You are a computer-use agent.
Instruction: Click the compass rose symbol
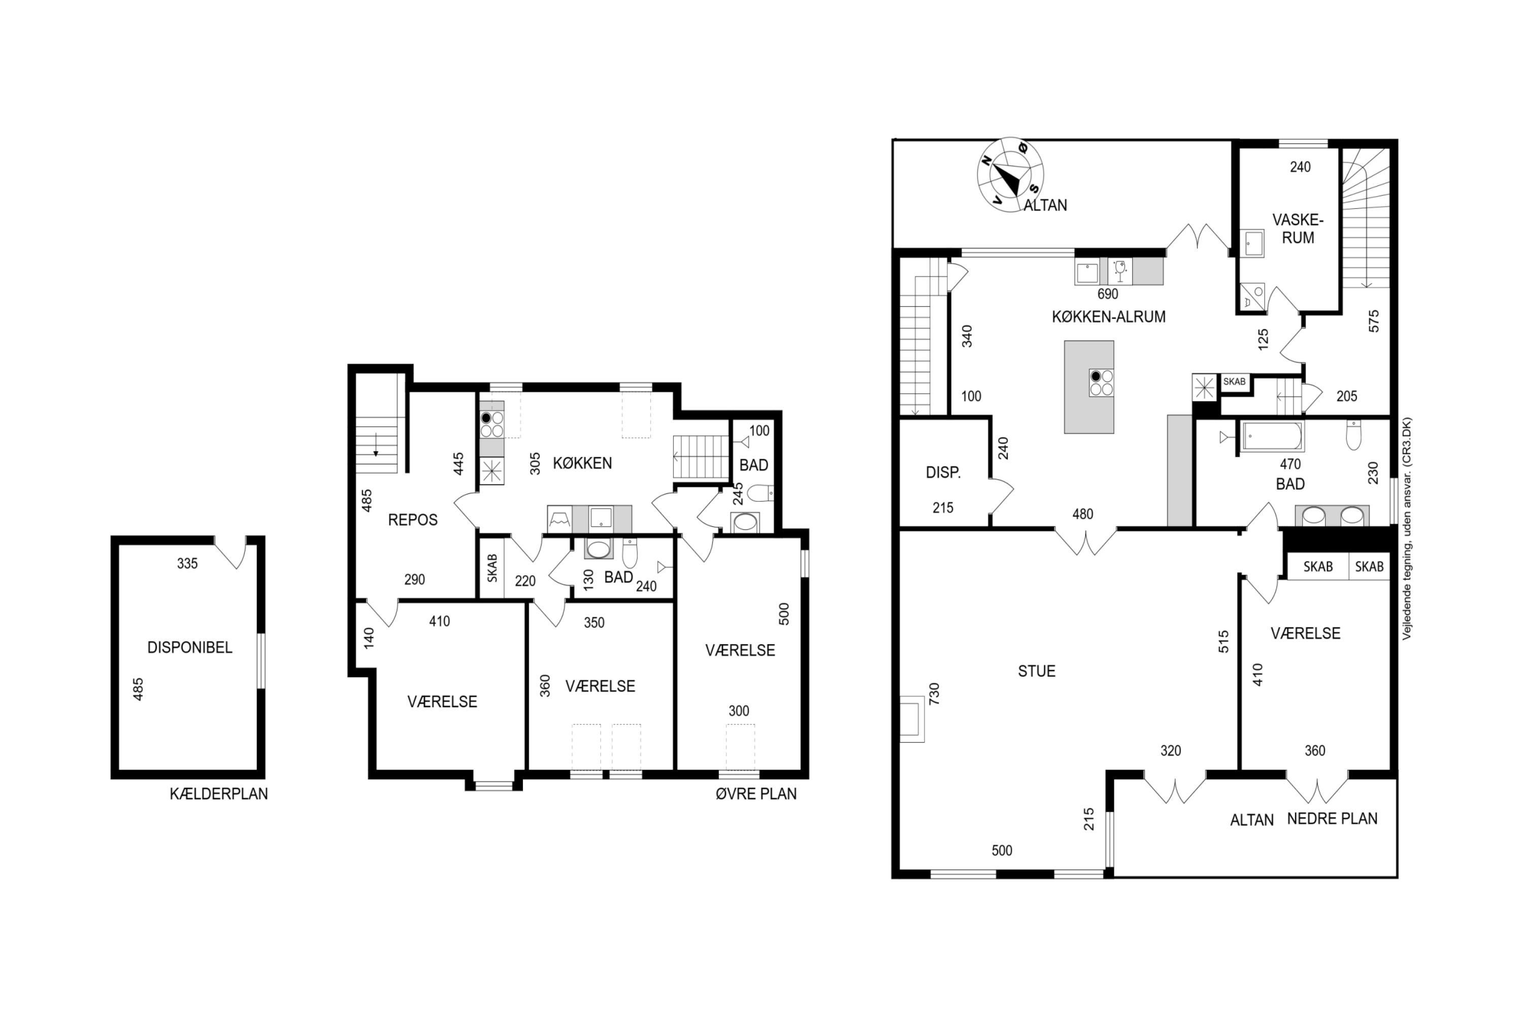(x=1010, y=174)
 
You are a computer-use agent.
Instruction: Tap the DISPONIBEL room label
(x=190, y=647)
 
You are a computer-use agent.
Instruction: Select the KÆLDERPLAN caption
(x=219, y=793)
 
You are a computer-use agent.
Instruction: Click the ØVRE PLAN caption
(x=756, y=793)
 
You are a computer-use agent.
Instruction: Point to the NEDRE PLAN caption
(x=1332, y=818)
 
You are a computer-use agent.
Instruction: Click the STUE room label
(x=1037, y=671)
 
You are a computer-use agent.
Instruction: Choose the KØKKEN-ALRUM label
(x=1109, y=317)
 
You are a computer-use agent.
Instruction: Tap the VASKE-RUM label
(x=1298, y=229)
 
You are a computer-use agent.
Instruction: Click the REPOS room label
(x=412, y=520)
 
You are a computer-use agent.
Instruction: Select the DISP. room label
(x=943, y=473)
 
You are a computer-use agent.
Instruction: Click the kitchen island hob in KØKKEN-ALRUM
(x=1101, y=383)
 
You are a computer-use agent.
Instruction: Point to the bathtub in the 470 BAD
(x=1271, y=436)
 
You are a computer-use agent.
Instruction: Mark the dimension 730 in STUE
(x=934, y=694)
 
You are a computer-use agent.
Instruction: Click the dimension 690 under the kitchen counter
(x=1108, y=294)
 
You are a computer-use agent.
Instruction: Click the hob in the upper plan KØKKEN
(x=491, y=424)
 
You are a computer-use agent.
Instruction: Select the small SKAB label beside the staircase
(x=1234, y=382)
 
